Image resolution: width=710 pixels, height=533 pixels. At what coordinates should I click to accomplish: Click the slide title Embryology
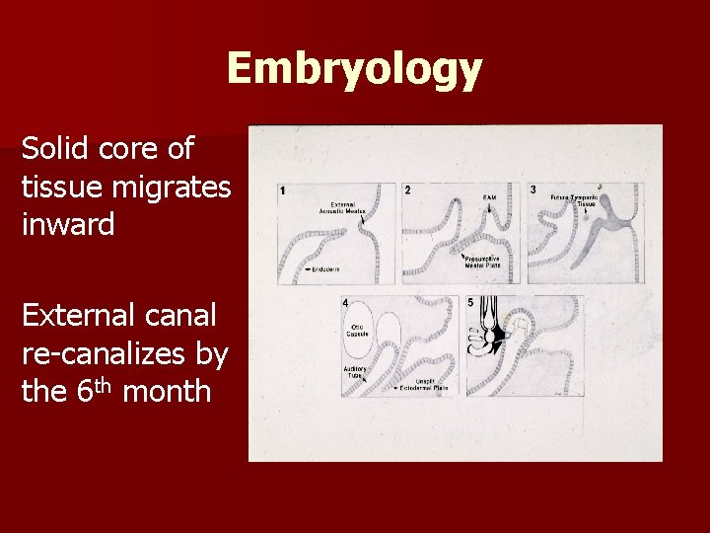354,69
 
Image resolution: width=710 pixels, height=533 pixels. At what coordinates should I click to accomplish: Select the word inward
68,224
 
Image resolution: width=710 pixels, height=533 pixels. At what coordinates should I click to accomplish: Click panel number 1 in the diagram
283,190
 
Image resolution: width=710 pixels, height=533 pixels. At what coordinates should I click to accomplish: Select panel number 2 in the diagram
408,190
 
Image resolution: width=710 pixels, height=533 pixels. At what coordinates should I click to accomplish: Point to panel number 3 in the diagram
533,190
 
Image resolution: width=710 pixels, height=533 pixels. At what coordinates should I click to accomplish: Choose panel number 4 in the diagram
344,301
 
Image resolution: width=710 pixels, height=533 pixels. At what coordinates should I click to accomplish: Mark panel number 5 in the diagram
470,301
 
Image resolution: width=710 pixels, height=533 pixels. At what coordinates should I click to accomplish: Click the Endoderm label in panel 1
324,269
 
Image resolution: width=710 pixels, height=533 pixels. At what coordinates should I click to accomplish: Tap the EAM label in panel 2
489,198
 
